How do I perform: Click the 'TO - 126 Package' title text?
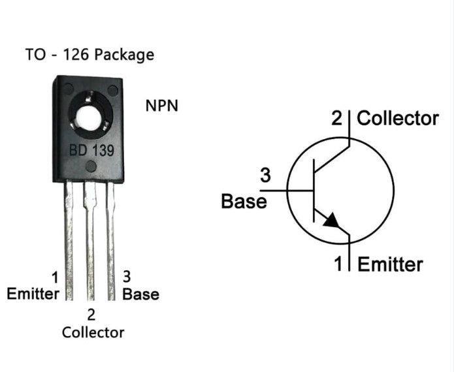click(89, 54)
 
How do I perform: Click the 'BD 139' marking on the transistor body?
click(92, 151)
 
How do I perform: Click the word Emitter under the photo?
click(32, 294)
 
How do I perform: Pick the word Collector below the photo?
click(93, 332)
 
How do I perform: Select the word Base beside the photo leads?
click(140, 294)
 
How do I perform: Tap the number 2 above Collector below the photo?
click(91, 315)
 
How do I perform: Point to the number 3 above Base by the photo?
click(127, 277)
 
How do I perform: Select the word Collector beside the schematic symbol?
click(398, 119)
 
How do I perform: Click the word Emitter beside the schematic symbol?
click(390, 264)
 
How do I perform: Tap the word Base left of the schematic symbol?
click(244, 201)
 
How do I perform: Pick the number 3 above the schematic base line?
click(265, 175)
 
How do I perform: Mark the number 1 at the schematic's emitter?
click(339, 264)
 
